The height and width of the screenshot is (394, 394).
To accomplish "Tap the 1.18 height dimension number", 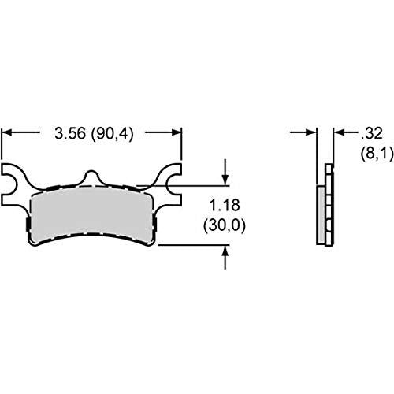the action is pos(225,205).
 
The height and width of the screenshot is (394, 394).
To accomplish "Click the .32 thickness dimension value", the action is pos(371,133).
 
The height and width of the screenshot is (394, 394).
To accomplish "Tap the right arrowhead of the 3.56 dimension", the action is pos(177,132).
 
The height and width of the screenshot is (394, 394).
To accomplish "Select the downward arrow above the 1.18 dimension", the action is pos(225,172).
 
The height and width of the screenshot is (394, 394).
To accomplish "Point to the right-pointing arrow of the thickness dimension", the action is pos(303,132).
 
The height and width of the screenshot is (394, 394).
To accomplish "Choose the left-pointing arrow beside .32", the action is pos(346,132).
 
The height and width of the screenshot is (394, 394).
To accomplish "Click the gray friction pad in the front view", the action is pos(92,214).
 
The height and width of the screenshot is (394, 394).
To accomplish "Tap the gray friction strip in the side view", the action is pos(321,215).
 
